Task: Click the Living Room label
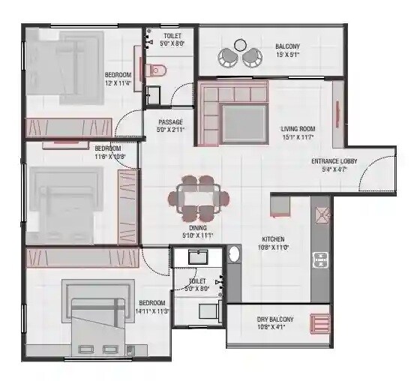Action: click(298, 128)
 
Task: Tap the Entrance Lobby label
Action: click(334, 161)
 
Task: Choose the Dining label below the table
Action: click(197, 227)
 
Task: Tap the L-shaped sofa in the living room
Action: click(232, 113)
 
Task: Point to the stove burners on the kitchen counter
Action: click(321, 260)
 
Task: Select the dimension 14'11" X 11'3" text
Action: click(151, 310)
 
